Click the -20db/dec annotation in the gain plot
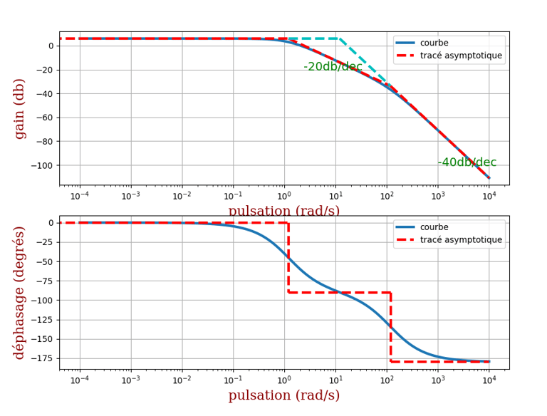pos(333,67)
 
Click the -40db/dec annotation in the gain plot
pos(467,162)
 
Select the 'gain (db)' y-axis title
pos(20,109)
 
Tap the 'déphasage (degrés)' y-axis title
pos(20,293)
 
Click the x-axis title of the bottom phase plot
pos(283,395)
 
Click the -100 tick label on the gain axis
pos(43,165)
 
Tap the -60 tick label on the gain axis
pos(46,118)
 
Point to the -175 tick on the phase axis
pos(43,358)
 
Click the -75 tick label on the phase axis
pos(46,281)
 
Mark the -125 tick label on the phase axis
pos(43,320)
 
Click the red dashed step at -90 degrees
pos(339,292)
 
